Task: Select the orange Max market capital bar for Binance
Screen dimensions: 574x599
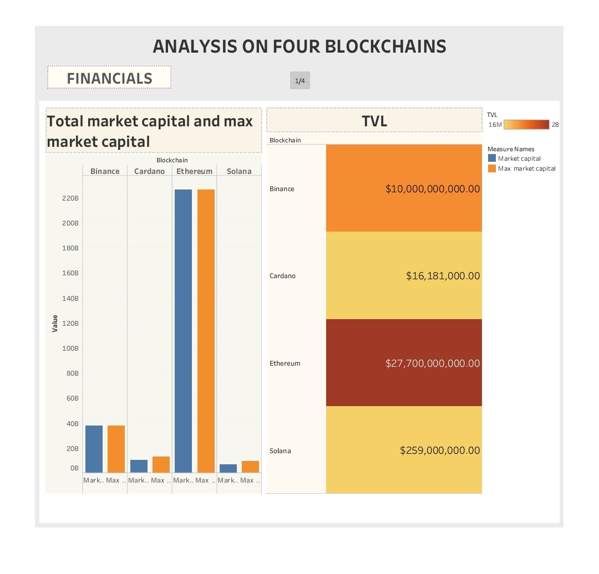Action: click(116, 449)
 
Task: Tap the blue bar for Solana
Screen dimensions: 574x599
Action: click(228, 468)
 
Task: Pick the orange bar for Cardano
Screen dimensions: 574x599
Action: click(161, 464)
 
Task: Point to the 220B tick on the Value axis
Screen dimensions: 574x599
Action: click(70, 198)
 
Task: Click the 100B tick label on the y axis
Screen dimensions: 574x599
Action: click(70, 348)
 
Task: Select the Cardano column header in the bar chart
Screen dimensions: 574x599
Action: click(149, 171)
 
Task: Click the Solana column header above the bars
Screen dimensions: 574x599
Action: click(239, 171)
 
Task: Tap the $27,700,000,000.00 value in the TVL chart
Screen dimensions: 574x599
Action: click(433, 363)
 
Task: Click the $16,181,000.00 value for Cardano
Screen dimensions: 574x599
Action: click(443, 276)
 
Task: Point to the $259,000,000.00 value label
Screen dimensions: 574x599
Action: click(440, 450)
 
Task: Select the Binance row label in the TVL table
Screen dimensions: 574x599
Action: click(282, 189)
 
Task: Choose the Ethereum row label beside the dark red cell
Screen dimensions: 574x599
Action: click(285, 363)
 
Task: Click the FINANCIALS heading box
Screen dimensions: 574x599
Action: click(109, 78)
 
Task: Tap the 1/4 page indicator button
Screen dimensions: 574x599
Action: click(299, 81)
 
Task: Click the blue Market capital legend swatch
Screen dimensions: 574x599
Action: click(491, 158)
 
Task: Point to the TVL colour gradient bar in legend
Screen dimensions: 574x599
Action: click(526, 125)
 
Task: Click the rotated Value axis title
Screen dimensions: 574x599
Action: click(55, 323)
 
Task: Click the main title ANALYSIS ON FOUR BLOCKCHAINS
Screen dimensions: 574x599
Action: click(299, 46)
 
